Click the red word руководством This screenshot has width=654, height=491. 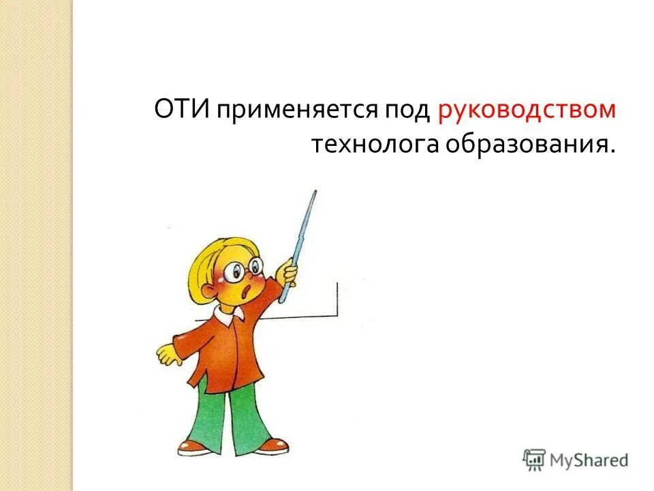point(527,111)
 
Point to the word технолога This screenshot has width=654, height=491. point(376,145)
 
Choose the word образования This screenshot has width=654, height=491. point(530,145)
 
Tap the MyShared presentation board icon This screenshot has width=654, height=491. point(535,460)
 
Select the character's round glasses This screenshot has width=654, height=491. point(243,269)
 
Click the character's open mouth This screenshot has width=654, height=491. point(247,292)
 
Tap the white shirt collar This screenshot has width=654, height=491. point(228,314)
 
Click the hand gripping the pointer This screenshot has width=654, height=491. point(290,273)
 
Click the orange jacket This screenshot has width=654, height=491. point(218,348)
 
